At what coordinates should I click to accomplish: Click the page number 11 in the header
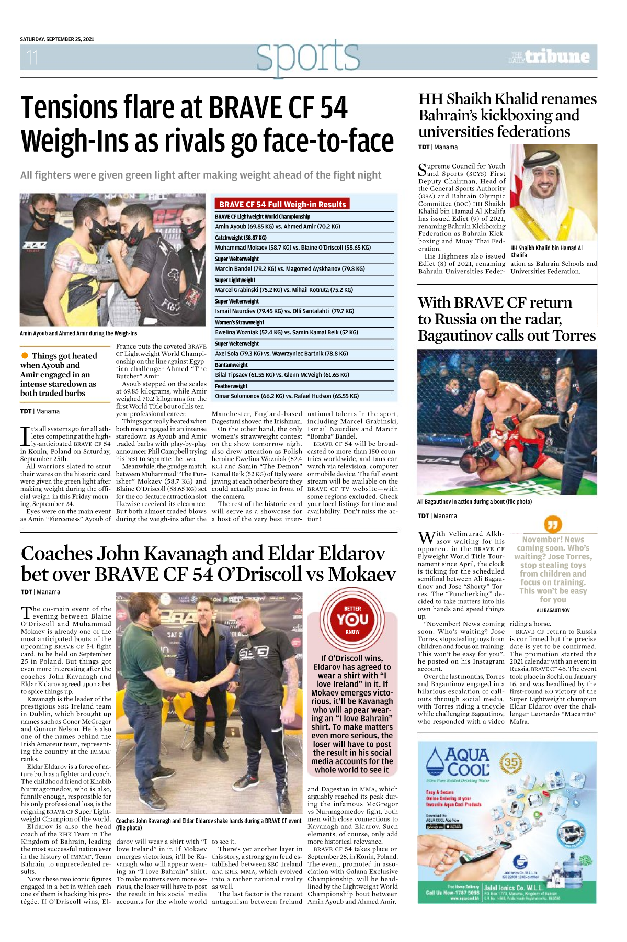coord(32,57)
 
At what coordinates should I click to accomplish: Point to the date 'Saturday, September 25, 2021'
coord(57,39)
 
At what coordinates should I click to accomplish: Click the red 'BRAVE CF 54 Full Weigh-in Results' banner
coord(282,204)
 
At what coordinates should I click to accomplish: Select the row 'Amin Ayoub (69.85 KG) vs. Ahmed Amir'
coord(278,227)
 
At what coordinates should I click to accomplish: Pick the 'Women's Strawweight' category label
coord(240,322)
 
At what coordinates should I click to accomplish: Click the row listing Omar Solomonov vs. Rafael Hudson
coord(287,396)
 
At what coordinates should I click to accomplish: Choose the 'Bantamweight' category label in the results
coord(231,365)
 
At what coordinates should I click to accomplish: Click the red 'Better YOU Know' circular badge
coord(352,620)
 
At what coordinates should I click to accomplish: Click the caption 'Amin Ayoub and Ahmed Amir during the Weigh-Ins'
coord(78,333)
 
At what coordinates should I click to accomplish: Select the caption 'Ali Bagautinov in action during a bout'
coord(474,502)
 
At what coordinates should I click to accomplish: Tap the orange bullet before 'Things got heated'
coord(25,356)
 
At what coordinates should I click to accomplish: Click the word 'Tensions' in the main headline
coord(70,108)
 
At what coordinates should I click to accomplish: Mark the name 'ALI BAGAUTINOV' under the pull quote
coord(553,610)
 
